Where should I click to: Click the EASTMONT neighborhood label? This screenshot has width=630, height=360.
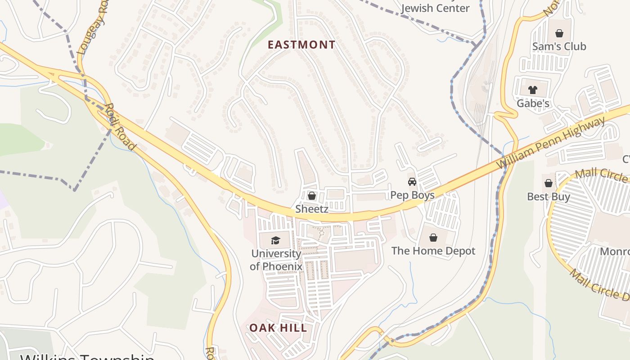pyautogui.click(x=301, y=45)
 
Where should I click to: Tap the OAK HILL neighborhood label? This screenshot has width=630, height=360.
pyautogui.click(x=279, y=328)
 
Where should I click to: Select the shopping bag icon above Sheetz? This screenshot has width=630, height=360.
pyautogui.click(x=311, y=196)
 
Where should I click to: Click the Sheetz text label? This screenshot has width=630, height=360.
pyautogui.click(x=311, y=209)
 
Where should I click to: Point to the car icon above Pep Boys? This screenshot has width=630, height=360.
pyautogui.click(x=412, y=182)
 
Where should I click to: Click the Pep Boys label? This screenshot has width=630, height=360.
pyautogui.click(x=412, y=195)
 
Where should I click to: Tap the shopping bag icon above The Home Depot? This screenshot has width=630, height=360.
pyautogui.click(x=433, y=238)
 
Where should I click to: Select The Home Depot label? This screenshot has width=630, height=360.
pyautogui.click(x=433, y=251)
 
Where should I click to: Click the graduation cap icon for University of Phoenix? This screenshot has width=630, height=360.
pyautogui.click(x=275, y=240)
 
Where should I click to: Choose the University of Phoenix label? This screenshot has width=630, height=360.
pyautogui.click(x=276, y=260)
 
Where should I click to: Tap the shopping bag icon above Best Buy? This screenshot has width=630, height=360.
pyautogui.click(x=548, y=183)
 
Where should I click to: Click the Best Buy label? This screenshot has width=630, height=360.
pyautogui.click(x=549, y=197)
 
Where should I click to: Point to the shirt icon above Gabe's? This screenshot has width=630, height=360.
pyautogui.click(x=533, y=90)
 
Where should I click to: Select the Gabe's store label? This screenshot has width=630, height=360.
pyautogui.click(x=533, y=103)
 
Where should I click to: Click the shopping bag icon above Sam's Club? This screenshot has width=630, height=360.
pyautogui.click(x=559, y=33)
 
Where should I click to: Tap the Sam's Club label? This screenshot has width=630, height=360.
pyautogui.click(x=559, y=46)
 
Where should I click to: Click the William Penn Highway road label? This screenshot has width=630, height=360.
pyautogui.click(x=551, y=143)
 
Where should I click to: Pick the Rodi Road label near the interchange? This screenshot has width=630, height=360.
pyautogui.click(x=120, y=127)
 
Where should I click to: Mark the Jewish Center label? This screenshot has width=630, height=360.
pyautogui.click(x=435, y=8)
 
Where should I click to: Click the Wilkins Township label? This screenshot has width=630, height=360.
pyautogui.click(x=88, y=356)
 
